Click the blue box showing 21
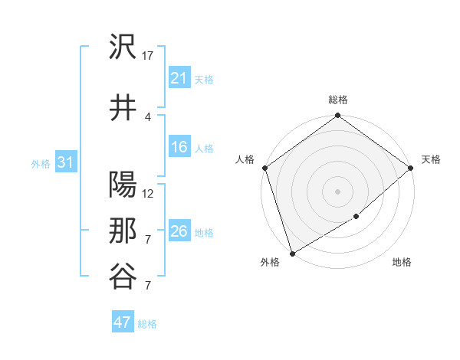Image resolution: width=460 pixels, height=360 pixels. coord(179,78)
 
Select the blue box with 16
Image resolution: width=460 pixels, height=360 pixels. coord(179,148)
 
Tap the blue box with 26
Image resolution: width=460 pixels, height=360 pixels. coord(179,231)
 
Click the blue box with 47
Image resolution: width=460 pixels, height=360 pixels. coord(123,322)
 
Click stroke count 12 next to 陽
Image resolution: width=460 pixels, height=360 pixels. coord(149,193)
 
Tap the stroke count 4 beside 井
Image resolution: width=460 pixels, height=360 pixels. coord(148,116)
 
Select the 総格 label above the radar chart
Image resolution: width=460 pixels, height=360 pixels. coord(338,100)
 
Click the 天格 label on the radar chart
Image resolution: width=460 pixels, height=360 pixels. coord(431,159)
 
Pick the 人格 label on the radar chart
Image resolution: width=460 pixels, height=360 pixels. coord(245,159)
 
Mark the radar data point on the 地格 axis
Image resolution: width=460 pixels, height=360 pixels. coord(356,217)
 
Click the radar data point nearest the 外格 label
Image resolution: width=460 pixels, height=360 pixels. coord(291,254)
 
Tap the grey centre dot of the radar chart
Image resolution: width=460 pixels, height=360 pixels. coord(338,191)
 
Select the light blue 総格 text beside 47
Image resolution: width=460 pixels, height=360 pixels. coord(147,324)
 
